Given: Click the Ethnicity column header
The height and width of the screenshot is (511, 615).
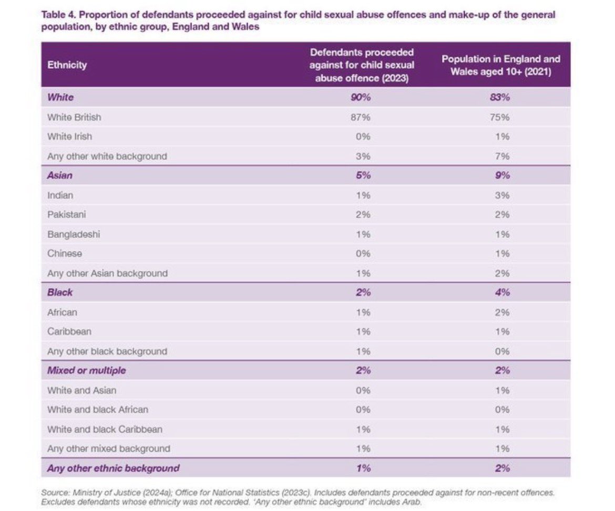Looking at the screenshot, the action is (67, 65).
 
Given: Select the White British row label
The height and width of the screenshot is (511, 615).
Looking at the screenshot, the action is (74, 117).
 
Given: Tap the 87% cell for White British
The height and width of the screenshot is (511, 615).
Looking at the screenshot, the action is (361, 117).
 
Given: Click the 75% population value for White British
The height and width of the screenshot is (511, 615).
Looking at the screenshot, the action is (500, 117).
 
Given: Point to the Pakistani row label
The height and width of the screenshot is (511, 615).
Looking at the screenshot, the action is (67, 214).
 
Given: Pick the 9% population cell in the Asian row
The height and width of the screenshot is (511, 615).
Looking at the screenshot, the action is (503, 175).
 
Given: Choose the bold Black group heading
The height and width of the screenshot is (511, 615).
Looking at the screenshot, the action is (60, 293).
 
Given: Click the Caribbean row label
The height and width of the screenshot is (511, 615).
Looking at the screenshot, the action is (69, 331).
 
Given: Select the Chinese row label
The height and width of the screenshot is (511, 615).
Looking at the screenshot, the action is (65, 254).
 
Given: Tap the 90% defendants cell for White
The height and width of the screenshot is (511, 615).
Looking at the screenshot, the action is (361, 97).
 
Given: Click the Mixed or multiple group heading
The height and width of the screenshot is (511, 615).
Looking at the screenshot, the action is (87, 370).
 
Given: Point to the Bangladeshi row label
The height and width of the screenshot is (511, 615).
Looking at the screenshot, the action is (74, 234).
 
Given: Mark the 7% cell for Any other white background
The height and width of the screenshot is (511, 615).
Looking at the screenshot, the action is (503, 157).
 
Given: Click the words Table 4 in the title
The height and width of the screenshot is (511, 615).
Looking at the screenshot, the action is (58, 15).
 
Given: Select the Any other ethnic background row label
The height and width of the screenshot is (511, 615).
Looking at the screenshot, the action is (114, 468).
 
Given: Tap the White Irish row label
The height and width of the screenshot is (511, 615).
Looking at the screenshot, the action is (69, 137).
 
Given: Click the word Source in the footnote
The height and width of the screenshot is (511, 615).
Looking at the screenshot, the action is (55, 493).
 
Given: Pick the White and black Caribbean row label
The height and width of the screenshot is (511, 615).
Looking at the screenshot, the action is (105, 429).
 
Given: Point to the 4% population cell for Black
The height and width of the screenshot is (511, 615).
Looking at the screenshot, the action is (503, 293).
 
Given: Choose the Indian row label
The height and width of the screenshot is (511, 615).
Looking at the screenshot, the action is (60, 195).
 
